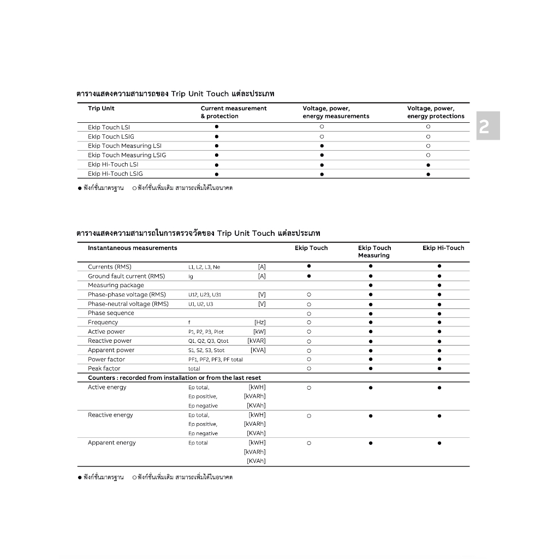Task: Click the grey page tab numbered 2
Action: tap(487, 126)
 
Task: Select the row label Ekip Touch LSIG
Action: tap(111, 136)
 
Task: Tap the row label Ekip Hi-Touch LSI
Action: tap(113, 164)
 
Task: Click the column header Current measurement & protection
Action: tap(234, 112)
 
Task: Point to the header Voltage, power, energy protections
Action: tap(436, 112)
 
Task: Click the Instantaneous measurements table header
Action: tap(133, 248)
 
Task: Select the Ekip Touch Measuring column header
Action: tap(374, 252)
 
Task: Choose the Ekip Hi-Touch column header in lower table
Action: tap(443, 248)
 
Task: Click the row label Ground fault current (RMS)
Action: tap(126, 276)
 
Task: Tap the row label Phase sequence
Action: tap(111, 313)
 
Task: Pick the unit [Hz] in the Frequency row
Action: tap(260, 323)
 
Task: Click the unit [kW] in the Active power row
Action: tap(259, 332)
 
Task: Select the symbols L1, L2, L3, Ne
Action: tap(204, 267)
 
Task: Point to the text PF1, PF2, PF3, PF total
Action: tap(216, 360)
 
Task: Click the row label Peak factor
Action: tap(104, 368)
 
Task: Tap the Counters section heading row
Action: tap(175, 378)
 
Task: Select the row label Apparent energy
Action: tap(112, 443)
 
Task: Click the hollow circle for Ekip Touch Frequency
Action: tap(309, 323)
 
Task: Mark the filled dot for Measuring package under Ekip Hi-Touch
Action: tap(439, 286)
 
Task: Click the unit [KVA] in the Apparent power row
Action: tap(258, 350)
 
